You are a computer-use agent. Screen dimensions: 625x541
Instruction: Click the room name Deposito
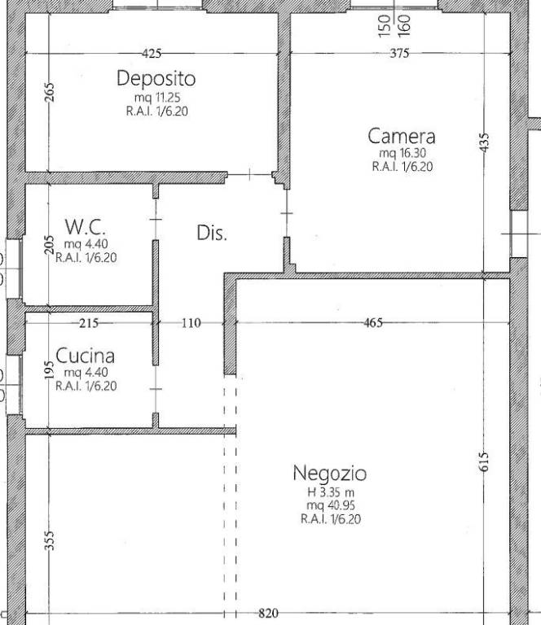pos(156,79)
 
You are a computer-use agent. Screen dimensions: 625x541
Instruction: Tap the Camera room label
pos(401,136)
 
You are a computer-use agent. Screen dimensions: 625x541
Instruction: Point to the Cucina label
pos(85,356)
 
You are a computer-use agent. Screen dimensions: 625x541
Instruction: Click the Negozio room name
pos(329,473)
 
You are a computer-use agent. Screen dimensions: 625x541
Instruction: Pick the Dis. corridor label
pos(212,233)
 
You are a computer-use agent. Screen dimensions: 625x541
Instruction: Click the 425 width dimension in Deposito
pos(152,54)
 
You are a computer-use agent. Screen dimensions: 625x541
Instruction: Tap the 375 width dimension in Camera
pos(399,54)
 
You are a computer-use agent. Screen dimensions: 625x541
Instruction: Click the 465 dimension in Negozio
pos(372,323)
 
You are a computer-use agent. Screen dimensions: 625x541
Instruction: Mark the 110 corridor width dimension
pos(191,323)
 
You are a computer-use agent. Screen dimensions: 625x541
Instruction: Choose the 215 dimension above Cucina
pos(88,323)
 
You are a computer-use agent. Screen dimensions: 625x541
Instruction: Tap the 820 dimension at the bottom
pos(268,614)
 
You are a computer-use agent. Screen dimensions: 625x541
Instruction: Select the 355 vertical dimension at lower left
pos(49,540)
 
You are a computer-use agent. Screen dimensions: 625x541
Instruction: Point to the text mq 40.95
pos(329,505)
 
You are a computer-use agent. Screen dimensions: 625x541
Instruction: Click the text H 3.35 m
pos(330,492)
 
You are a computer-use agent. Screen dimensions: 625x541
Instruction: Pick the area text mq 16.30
pos(402,153)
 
